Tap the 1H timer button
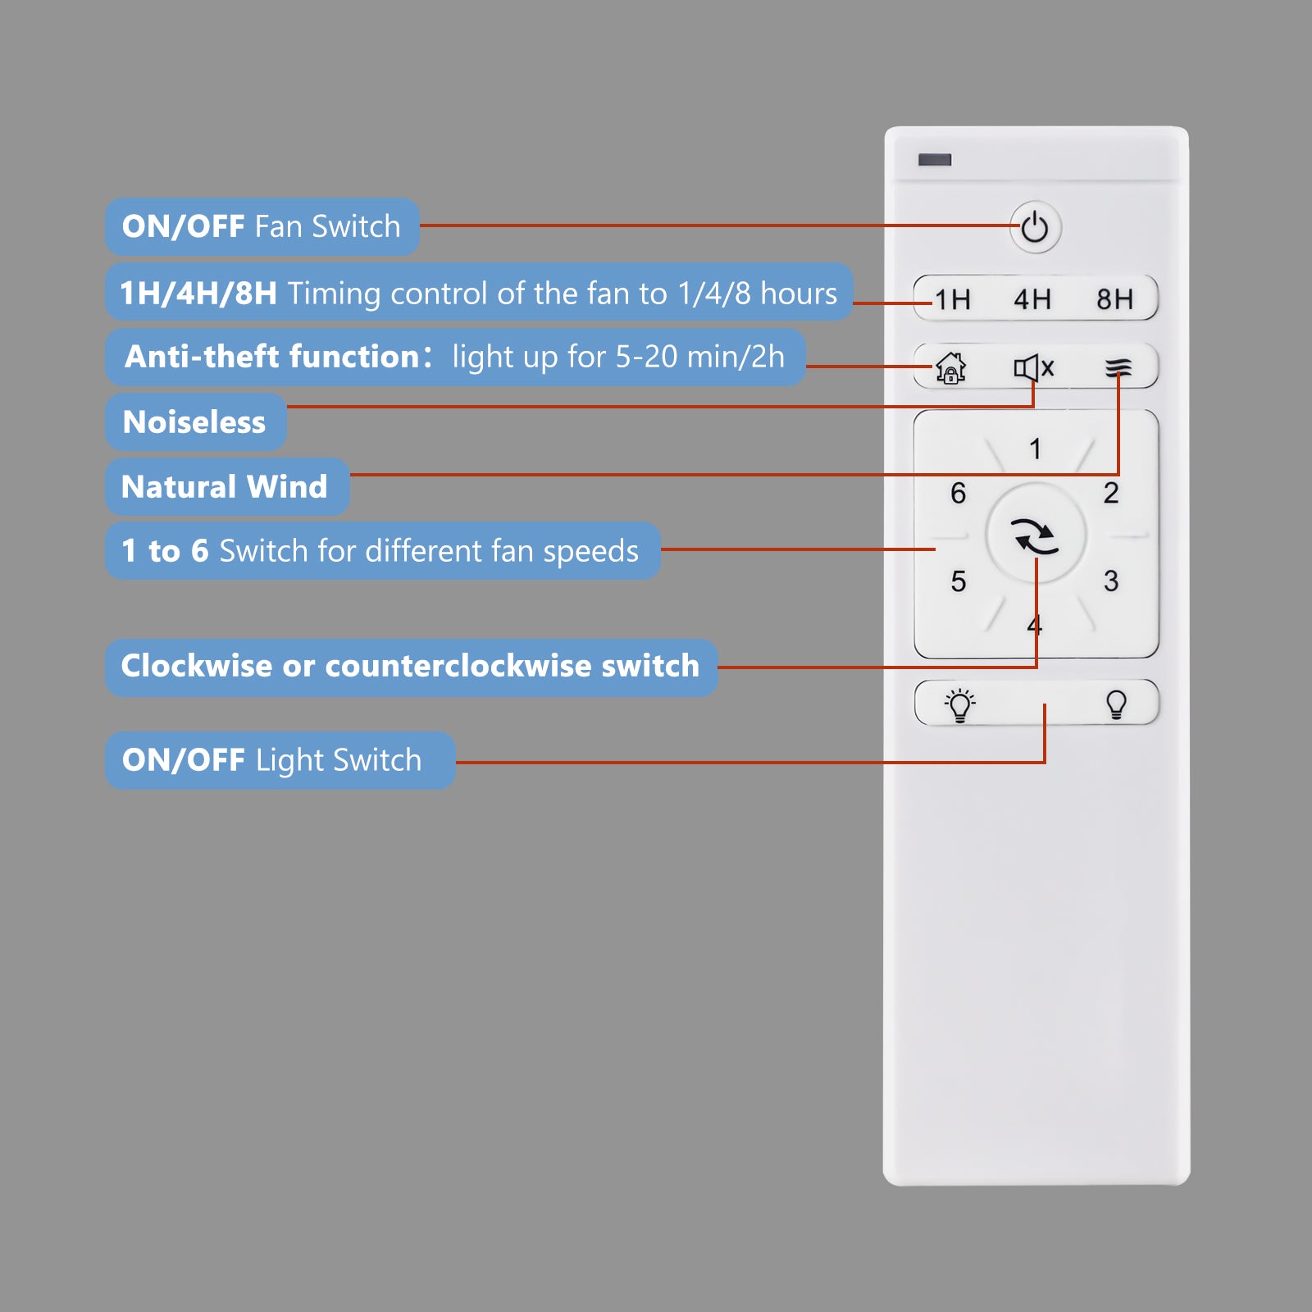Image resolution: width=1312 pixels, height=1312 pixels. (953, 299)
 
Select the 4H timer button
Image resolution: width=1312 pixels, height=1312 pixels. (1032, 299)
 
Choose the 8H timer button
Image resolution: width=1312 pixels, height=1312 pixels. (1115, 299)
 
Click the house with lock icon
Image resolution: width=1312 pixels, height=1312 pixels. (951, 368)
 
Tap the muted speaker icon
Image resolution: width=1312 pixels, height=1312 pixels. (1034, 368)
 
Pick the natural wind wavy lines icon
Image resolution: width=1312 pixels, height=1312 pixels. (1118, 368)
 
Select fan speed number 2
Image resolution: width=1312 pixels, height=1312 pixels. (1111, 493)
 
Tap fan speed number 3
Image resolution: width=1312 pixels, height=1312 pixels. (1111, 581)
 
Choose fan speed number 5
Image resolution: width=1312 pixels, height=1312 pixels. (959, 581)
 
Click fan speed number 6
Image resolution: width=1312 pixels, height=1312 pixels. (959, 493)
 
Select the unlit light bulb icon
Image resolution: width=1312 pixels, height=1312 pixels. (1116, 704)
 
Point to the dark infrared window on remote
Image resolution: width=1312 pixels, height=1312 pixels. (935, 159)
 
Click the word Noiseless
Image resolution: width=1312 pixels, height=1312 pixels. (194, 422)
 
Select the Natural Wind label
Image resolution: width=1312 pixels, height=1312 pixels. (225, 486)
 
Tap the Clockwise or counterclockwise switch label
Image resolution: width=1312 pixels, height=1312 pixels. (411, 666)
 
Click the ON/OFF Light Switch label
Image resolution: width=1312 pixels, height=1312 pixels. (272, 760)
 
